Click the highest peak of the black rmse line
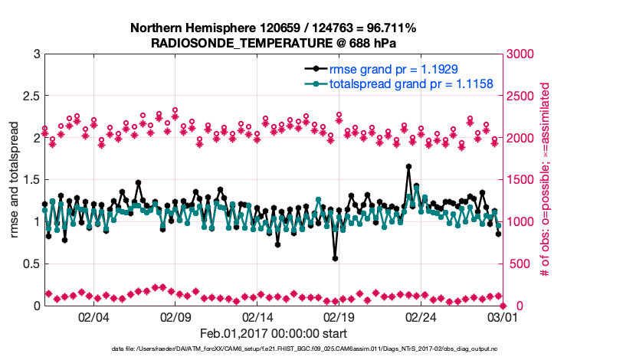pos(408,166)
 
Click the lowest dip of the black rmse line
pos(336,258)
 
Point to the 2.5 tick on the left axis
pos(31,97)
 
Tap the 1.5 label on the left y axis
pos(31,180)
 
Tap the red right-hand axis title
pos(545,180)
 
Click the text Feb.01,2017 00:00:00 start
pos(274,333)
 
